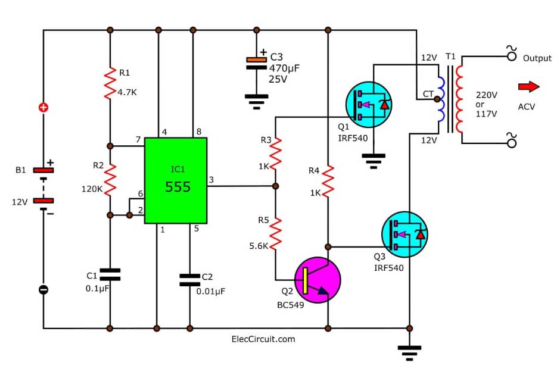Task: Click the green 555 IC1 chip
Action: click(x=176, y=180)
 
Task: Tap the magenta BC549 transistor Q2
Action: click(x=318, y=280)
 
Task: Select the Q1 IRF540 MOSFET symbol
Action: click(x=369, y=104)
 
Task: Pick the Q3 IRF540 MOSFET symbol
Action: click(x=405, y=233)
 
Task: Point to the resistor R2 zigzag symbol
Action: click(x=110, y=178)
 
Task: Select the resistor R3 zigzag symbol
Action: click(x=275, y=153)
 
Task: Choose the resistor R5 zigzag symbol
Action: click(x=275, y=232)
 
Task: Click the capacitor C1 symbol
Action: click(x=110, y=274)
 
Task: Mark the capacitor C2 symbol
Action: click(x=190, y=279)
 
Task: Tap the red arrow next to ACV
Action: click(x=528, y=87)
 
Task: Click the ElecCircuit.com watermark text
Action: click(x=263, y=339)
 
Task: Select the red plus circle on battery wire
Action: click(x=43, y=108)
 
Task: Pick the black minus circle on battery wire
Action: click(x=43, y=290)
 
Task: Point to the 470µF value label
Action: click(x=284, y=68)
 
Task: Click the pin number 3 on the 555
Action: click(x=213, y=179)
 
